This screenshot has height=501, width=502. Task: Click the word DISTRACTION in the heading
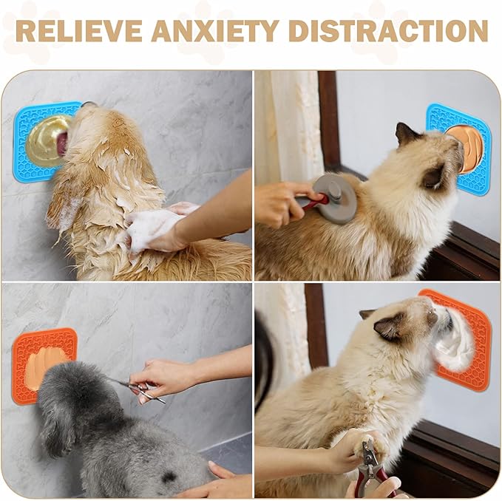click(x=387, y=30)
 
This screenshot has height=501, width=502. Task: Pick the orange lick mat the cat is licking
click(x=473, y=362)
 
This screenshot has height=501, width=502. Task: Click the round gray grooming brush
click(x=336, y=197)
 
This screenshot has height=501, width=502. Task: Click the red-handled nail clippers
click(x=373, y=469)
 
